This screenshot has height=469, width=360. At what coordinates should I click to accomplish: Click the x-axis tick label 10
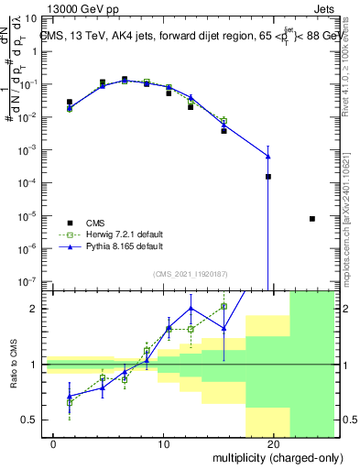164,443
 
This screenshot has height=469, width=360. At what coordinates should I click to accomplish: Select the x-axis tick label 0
54,443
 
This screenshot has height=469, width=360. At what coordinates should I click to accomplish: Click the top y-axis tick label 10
33,17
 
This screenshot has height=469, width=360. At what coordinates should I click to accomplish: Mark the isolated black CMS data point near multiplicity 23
312,219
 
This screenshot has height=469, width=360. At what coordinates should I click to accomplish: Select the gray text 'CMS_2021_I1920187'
190,273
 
